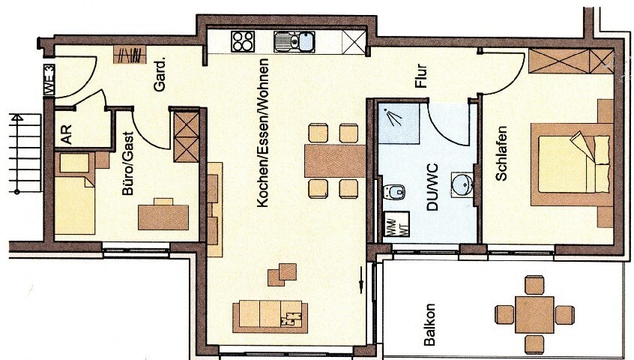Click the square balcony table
pos(534,313)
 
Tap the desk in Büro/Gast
pos(163,216)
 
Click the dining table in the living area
pos(333,160)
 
